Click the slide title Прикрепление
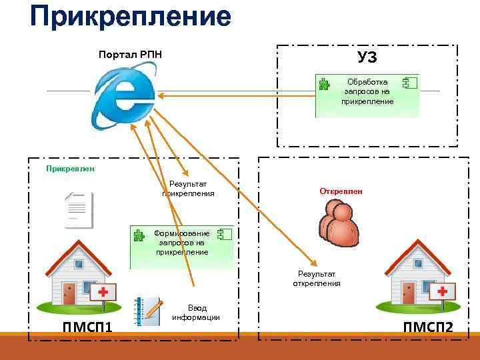130,17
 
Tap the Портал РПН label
130,54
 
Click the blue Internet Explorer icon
124,98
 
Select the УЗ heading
367,57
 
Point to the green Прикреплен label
70,169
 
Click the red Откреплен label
341,191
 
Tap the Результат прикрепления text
188,189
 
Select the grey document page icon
78,210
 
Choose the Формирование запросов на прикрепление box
182,243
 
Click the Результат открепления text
317,279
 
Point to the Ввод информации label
197,313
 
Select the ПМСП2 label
427,327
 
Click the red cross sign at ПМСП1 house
104,293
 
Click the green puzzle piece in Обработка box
324,84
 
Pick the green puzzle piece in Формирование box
139,235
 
